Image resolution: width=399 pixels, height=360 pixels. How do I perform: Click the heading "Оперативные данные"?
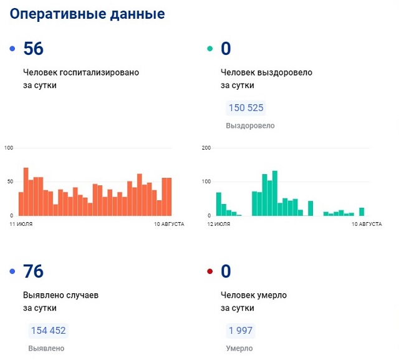coord(88,14)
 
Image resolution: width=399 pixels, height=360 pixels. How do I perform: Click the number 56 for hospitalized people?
coord(33,49)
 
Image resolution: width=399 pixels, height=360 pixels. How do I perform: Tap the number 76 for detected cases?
coord(33,272)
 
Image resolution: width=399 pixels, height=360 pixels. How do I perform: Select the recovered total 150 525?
coord(246,108)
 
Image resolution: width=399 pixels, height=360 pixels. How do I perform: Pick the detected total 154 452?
coord(47,331)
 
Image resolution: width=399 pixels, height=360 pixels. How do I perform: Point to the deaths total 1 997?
coord(240,331)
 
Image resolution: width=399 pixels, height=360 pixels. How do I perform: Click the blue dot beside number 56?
coord(12,49)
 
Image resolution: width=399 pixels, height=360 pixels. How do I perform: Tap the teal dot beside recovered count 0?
coord(209,49)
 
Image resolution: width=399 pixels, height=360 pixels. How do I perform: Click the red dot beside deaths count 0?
coord(209,272)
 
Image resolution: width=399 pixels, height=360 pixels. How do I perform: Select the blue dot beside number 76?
coord(12,272)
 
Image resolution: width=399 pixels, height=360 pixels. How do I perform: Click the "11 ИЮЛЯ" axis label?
coord(21,223)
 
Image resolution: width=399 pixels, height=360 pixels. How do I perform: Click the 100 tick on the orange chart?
coord(9,148)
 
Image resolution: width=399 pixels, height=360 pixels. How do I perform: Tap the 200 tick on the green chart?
coord(207,148)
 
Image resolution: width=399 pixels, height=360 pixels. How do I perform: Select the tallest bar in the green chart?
coord(275,193)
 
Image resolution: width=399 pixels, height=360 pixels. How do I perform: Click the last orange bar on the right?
coord(169,197)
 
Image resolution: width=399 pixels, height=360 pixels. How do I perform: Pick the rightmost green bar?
coord(362,212)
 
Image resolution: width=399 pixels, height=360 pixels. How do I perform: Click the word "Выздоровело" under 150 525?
coord(250,125)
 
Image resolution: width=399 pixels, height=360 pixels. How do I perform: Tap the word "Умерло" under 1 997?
coord(240,348)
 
